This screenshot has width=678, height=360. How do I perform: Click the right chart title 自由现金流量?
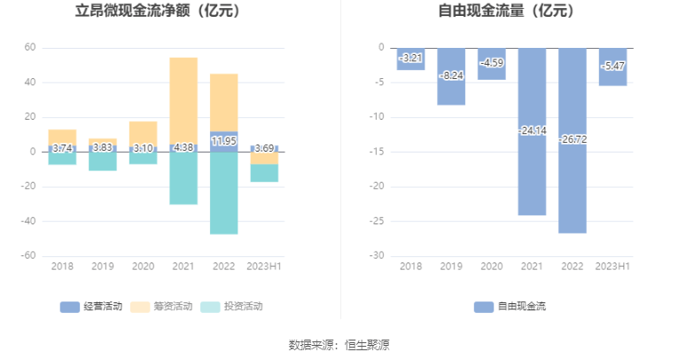(506, 12)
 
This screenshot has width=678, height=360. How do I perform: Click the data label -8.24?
(451, 75)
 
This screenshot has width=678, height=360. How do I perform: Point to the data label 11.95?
(223, 141)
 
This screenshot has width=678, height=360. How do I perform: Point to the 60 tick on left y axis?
(30, 48)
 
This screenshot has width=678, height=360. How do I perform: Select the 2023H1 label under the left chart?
(264, 266)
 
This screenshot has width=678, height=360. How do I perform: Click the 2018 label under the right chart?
(410, 266)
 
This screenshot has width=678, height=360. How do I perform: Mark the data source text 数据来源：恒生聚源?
(339, 344)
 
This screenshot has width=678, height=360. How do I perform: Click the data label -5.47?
(612, 66)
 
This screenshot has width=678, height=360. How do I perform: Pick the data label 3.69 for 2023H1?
(264, 148)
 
